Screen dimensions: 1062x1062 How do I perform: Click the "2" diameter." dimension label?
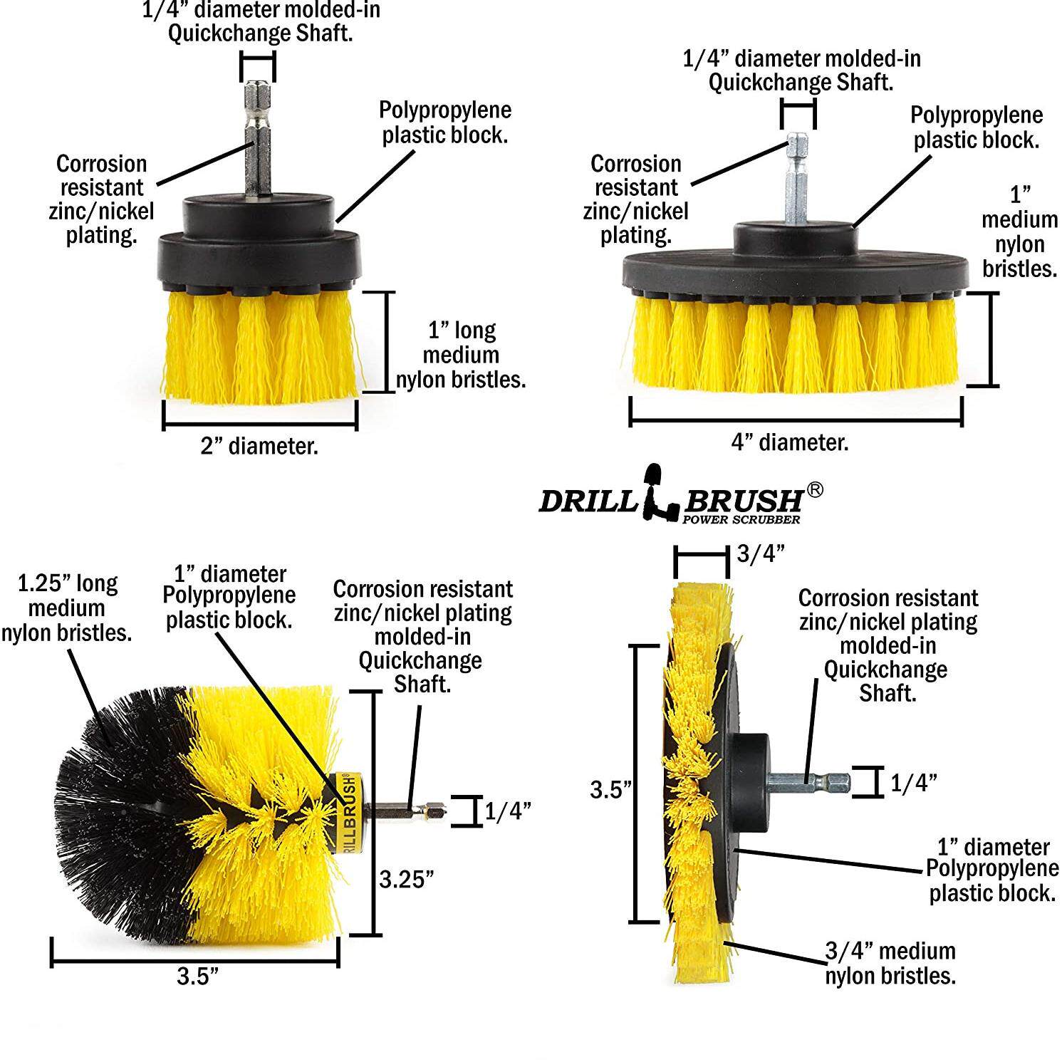click(259, 447)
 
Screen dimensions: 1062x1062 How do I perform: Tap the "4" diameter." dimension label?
click(790, 443)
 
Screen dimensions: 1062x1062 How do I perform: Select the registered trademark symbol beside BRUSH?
click(815, 490)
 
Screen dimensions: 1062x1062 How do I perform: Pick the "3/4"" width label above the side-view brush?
click(761, 553)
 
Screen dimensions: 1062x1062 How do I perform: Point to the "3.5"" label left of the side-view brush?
click(611, 790)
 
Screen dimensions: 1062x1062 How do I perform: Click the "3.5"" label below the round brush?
click(197, 976)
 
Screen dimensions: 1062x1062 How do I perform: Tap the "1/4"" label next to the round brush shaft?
click(508, 811)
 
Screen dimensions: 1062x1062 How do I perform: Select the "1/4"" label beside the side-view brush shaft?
click(913, 783)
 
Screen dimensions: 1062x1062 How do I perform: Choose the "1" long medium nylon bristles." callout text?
click(460, 355)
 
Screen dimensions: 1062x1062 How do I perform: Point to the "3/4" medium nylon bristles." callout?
click(890, 963)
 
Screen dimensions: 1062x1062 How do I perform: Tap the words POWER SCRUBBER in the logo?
click(741, 519)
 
